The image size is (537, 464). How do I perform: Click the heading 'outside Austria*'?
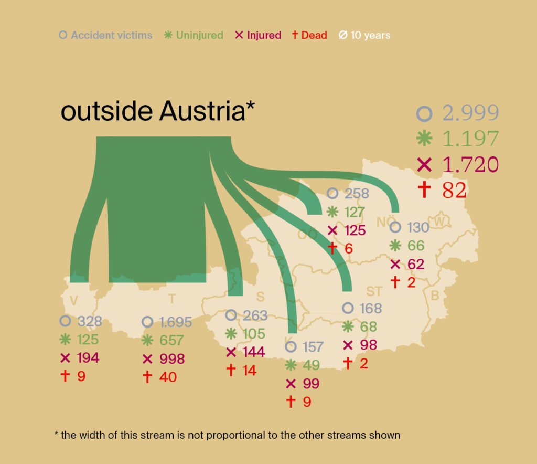click(158, 112)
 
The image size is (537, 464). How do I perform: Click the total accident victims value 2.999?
click(470, 113)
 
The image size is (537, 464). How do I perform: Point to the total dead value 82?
click(454, 190)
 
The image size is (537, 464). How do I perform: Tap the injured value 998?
click(171, 359)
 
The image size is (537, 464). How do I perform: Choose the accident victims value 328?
click(90, 321)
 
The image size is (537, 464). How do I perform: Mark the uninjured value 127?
click(355, 212)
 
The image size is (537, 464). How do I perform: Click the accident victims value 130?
click(418, 228)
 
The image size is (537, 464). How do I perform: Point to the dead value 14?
click(249, 370)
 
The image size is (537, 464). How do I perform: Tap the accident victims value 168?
click(370, 308)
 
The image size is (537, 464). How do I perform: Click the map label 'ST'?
click(374, 292)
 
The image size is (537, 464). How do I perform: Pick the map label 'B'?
click(435, 296)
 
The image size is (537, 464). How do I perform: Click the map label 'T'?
click(171, 299)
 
